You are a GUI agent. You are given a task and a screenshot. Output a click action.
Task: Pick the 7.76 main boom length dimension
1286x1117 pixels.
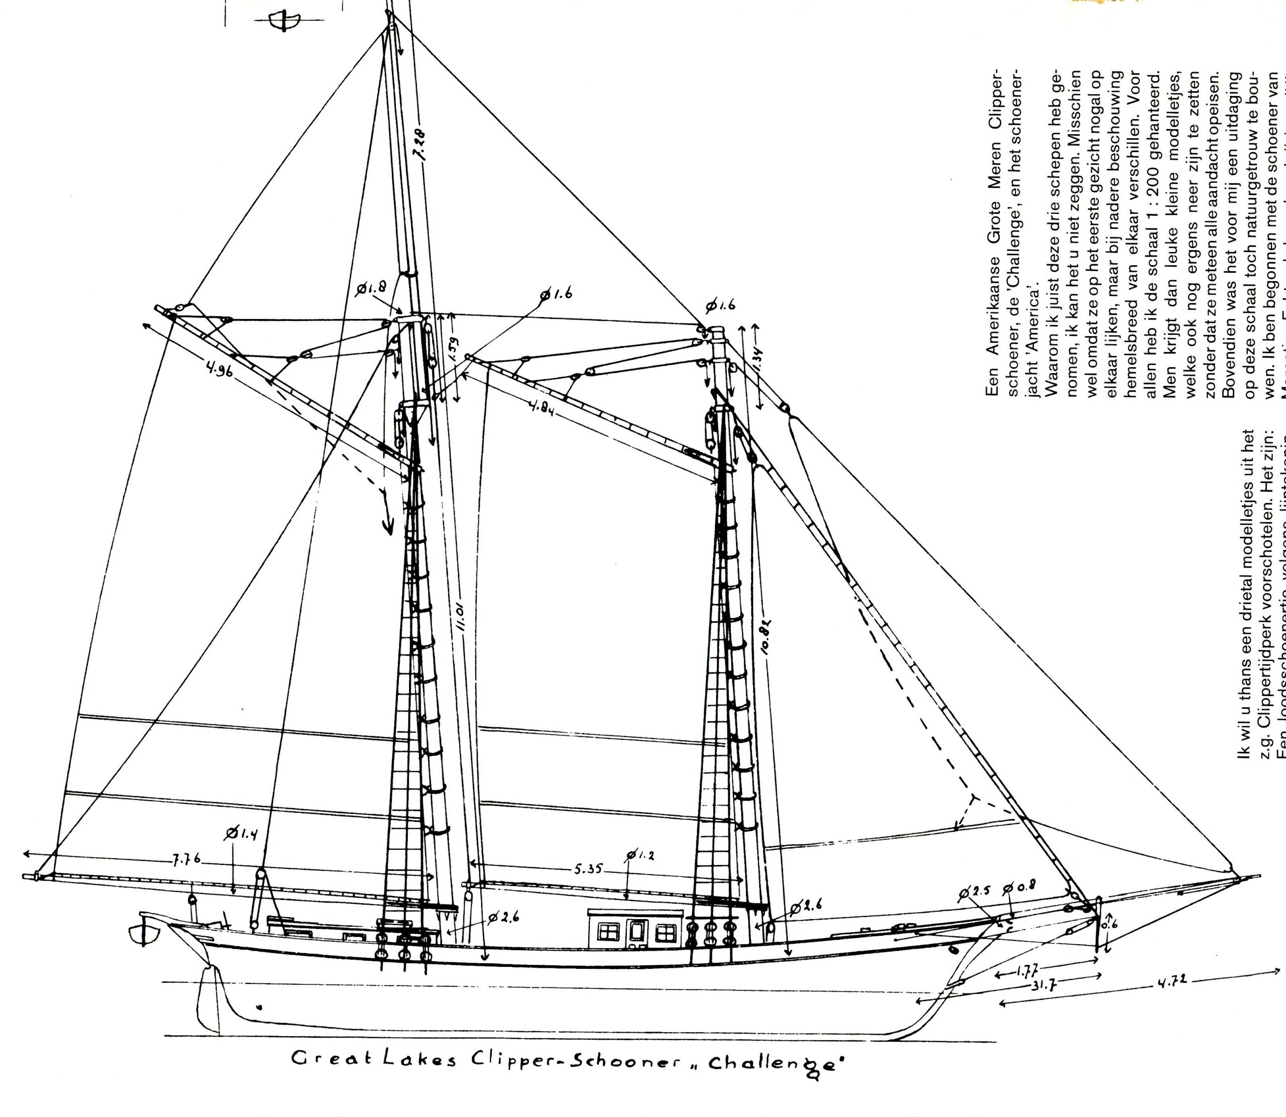coord(186,859)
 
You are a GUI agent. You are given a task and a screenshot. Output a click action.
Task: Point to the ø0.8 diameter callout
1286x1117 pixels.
coord(1019,889)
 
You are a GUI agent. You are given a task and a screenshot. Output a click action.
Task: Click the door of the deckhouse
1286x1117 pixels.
coord(636,932)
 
